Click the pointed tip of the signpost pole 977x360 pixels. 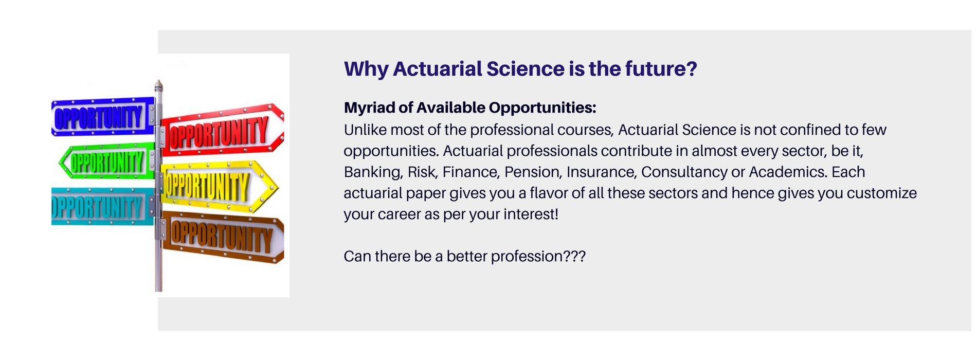coord(159,83)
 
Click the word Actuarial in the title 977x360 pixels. coord(437,69)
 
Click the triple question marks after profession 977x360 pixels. coord(575,256)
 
